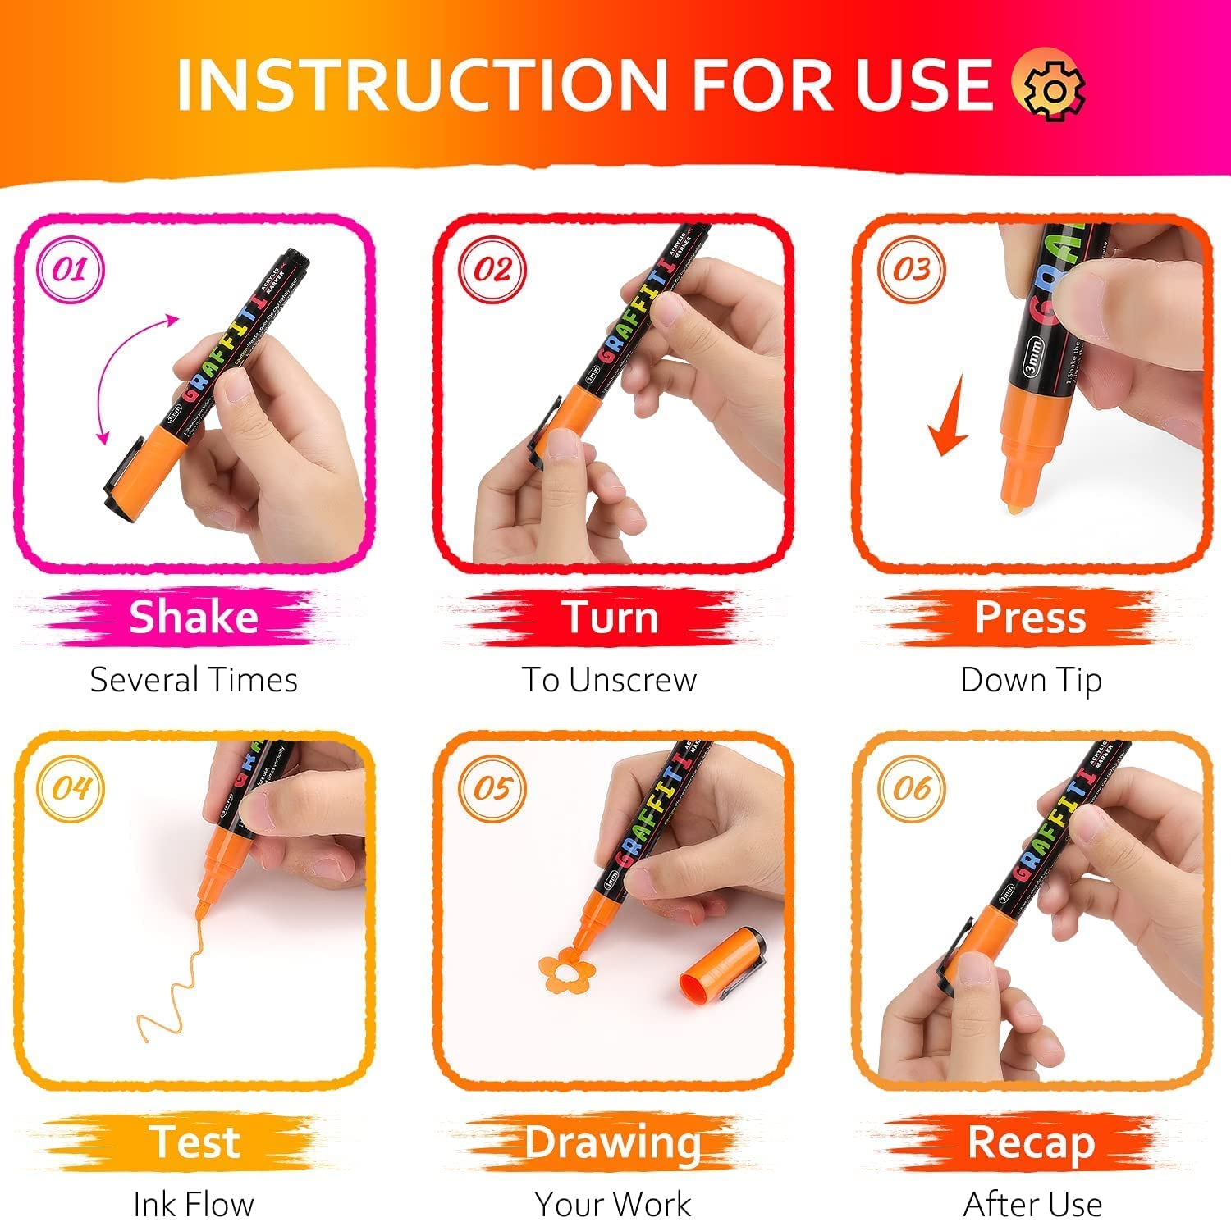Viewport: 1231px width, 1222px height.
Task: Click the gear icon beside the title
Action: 1048,84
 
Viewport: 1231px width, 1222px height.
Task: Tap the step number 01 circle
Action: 71,270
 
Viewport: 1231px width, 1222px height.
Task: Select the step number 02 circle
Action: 492,270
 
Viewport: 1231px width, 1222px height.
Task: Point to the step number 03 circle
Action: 911,270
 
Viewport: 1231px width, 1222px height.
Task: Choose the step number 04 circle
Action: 71,788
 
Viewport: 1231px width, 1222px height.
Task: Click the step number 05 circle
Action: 492,788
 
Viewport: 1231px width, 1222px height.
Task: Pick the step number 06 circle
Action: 911,788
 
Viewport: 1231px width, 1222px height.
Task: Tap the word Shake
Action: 194,617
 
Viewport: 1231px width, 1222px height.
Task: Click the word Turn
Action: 610,617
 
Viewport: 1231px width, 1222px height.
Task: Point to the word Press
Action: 1030,617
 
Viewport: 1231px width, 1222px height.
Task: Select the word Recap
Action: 1030,1142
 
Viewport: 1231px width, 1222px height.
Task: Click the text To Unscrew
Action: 610,680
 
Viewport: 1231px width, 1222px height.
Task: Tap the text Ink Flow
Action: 194,1204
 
